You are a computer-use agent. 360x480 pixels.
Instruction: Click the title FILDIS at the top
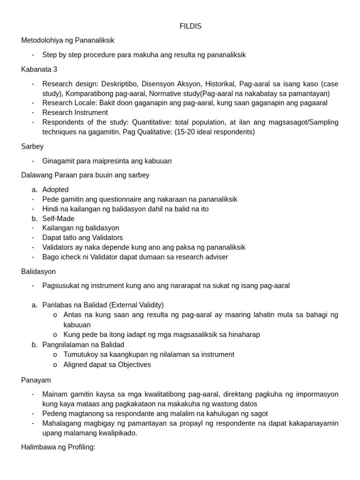click(190, 26)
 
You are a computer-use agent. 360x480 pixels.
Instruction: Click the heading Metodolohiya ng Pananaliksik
click(67, 40)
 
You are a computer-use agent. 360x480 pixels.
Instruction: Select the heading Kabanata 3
click(39, 69)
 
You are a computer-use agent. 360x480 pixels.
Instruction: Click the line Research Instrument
click(75, 112)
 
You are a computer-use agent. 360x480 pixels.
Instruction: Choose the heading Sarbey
click(32, 146)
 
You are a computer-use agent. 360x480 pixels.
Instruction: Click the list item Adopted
click(55, 189)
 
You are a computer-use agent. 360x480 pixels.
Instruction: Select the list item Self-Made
click(58, 218)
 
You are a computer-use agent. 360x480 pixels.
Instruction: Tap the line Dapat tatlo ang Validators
click(82, 238)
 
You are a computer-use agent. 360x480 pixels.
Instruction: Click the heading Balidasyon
click(38, 271)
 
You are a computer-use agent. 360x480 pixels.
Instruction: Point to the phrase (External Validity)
click(134, 305)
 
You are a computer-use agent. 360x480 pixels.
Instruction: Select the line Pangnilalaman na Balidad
click(83, 345)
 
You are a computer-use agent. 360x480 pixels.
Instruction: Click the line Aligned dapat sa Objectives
click(107, 364)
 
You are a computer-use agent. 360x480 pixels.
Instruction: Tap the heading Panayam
click(36, 380)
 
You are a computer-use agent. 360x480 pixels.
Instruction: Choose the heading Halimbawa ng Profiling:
click(58, 447)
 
